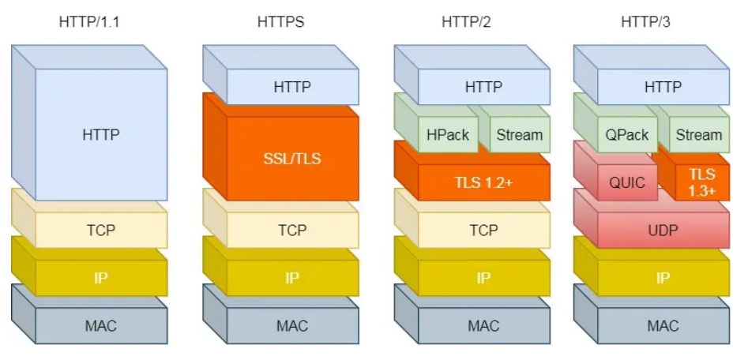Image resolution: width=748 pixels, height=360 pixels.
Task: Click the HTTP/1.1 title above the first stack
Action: [89, 21]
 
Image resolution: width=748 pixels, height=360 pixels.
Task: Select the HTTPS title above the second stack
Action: [280, 21]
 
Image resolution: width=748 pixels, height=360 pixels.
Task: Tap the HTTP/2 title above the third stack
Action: [466, 21]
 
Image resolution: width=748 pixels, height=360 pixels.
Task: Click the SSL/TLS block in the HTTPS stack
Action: [292, 158]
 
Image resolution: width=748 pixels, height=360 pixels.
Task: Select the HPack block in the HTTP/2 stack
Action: [447, 135]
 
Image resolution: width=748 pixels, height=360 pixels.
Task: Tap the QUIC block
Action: [626, 182]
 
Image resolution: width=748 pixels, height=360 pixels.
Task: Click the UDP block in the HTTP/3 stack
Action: [663, 230]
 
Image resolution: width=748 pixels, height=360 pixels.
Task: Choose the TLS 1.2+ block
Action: [483, 182]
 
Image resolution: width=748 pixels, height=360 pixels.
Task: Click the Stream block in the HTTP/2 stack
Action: [519, 135]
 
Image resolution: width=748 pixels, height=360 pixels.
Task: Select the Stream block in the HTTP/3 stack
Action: [698, 135]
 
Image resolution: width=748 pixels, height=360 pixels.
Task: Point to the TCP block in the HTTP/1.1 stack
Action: [101, 230]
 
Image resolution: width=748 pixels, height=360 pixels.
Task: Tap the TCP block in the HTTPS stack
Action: [292, 230]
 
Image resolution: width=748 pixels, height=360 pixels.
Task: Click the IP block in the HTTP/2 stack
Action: [483, 278]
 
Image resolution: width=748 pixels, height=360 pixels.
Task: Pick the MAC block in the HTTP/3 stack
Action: [663, 325]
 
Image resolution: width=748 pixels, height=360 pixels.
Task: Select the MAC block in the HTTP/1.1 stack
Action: [101, 325]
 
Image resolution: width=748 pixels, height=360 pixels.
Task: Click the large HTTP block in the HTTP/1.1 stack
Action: [101, 134]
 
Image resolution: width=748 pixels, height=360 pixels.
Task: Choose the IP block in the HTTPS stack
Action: [292, 278]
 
